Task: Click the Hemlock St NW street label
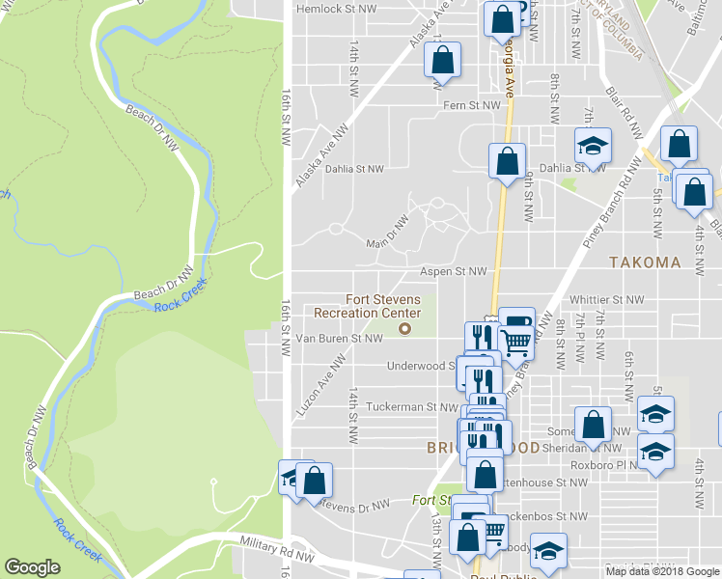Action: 336,8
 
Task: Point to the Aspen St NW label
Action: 453,272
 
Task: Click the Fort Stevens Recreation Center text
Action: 368,306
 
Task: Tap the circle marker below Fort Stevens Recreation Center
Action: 405,329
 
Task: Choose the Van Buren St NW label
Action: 340,339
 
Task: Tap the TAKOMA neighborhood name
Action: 645,262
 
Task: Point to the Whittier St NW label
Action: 606,300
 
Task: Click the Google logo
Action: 33,567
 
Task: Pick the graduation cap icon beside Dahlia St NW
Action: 594,145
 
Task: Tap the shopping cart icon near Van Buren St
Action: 517,340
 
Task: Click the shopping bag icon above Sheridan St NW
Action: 593,423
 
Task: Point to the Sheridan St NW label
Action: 591,448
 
